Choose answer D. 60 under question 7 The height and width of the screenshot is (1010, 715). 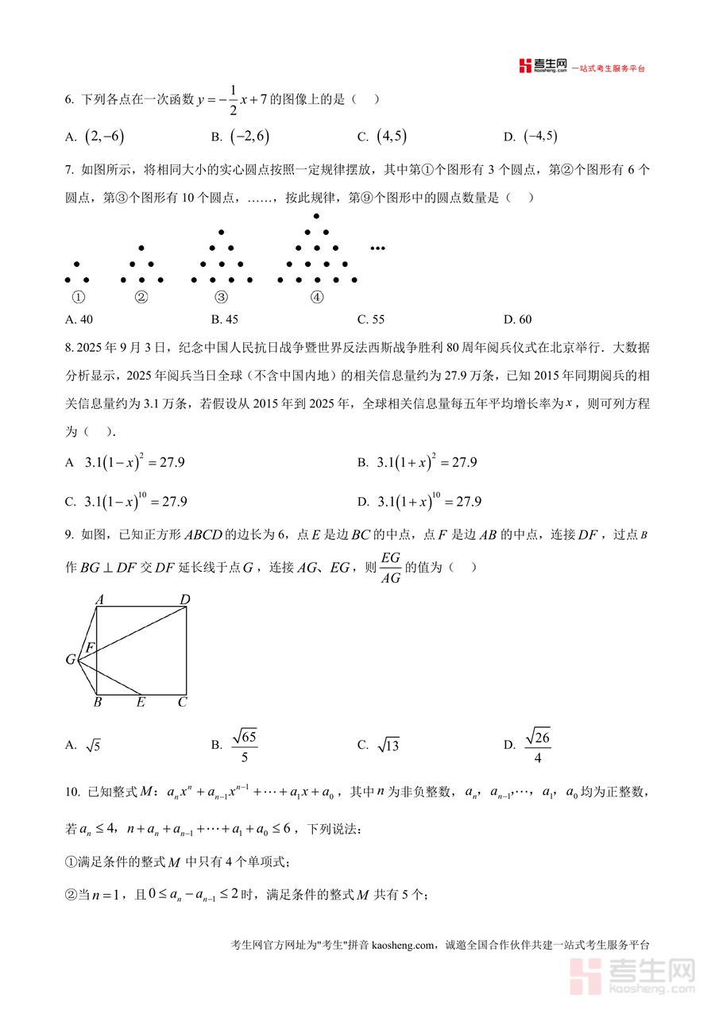click(517, 319)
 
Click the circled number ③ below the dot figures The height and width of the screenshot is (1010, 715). click(221, 298)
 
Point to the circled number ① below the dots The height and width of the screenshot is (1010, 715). click(77, 298)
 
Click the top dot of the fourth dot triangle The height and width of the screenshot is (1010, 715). click(316, 216)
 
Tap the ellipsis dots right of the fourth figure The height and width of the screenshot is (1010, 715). click(377, 249)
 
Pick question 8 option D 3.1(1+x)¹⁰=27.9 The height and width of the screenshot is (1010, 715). click(429, 502)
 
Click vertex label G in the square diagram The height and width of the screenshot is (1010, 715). click(71, 659)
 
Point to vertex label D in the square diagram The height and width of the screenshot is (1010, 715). click(184, 599)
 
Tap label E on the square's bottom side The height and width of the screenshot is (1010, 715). click(141, 702)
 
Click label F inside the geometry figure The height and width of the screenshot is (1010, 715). click(91, 647)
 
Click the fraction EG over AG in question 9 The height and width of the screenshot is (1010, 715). click(390, 568)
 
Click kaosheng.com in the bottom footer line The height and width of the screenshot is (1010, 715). click(404, 945)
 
